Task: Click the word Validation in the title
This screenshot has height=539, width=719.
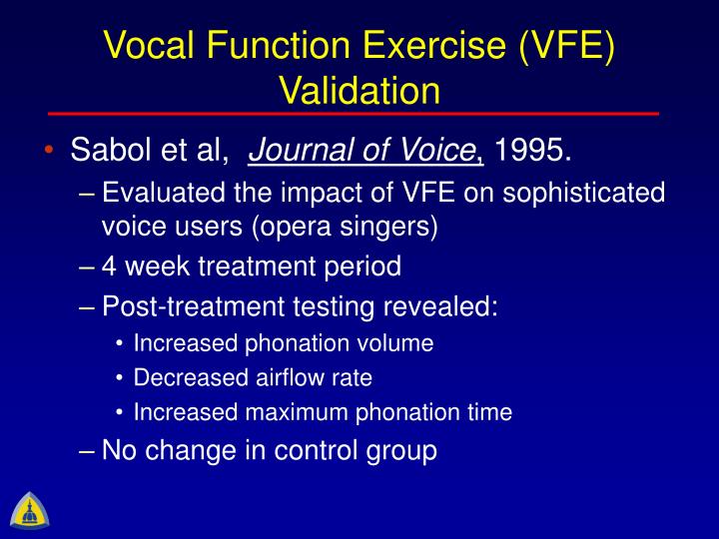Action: pos(359,90)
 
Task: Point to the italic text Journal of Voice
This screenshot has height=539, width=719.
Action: pos(362,152)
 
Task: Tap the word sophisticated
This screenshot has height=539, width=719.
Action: pos(581,192)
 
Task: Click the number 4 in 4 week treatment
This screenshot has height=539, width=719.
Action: pos(110,267)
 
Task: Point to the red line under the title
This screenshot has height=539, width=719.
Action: pos(359,114)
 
